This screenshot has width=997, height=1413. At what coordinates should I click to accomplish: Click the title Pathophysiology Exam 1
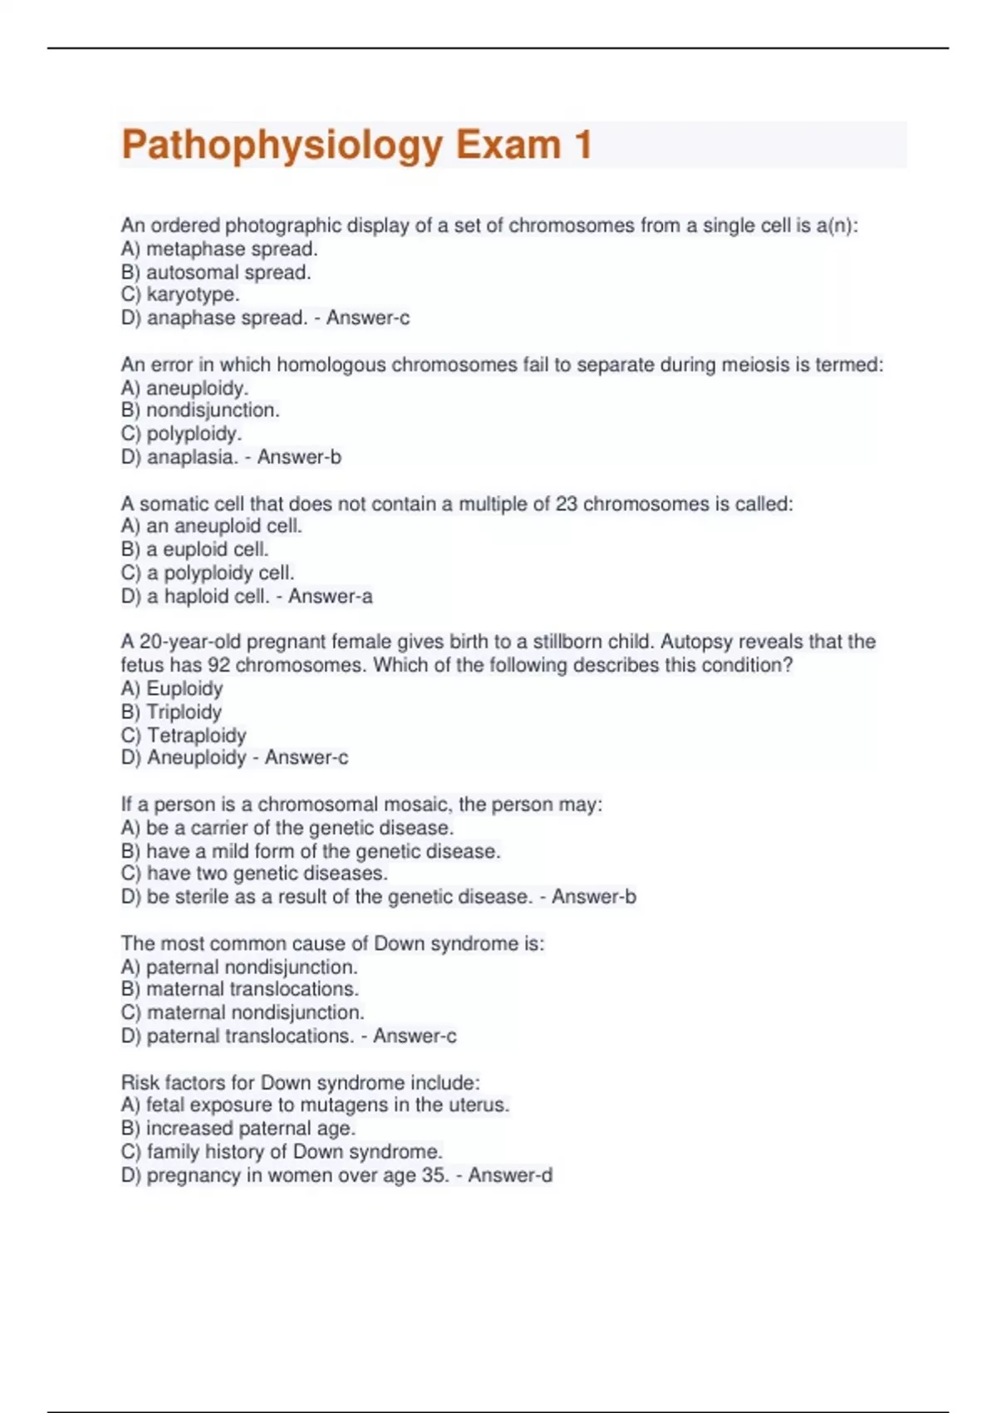[356, 145]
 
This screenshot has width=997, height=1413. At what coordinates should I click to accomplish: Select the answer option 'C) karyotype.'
[180, 295]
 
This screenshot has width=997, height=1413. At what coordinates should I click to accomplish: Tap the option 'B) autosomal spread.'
[216, 272]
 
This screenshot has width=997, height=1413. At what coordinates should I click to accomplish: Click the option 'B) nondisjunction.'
[200, 410]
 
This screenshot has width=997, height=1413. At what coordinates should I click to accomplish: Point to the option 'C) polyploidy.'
[181, 433]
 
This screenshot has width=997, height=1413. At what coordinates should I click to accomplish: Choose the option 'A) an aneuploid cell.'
[211, 526]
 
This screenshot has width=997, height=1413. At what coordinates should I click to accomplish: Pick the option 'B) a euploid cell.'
[194, 549]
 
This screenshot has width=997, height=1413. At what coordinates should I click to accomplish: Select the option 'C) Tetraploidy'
[184, 735]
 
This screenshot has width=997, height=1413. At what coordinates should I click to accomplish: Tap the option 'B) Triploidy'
[171, 711]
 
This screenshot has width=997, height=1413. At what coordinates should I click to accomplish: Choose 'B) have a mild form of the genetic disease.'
[311, 851]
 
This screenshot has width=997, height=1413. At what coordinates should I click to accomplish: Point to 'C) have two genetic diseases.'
[254, 874]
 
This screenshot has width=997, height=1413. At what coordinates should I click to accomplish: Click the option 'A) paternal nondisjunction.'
[239, 967]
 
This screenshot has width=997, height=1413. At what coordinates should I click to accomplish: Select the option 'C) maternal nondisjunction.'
[243, 1012]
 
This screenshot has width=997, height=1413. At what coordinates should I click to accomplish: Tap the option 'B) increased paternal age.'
[238, 1128]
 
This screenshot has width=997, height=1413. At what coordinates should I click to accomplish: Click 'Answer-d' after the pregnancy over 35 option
[510, 1175]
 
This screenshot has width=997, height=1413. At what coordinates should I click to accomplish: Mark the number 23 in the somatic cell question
[566, 504]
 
